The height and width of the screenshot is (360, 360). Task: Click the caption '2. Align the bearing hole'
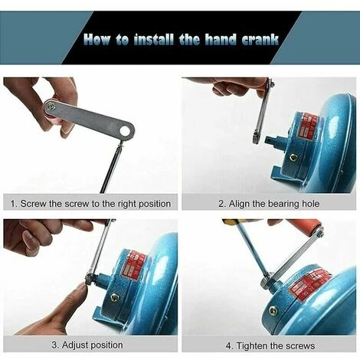268,203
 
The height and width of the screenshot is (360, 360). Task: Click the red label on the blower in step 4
309,283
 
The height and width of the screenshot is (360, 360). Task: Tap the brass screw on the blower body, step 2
293,158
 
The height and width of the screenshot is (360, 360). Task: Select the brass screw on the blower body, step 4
273,310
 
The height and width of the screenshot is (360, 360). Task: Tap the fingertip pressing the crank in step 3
79,289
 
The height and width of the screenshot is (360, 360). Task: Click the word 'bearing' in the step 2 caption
280,203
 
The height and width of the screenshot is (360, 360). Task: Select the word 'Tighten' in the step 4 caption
255,344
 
